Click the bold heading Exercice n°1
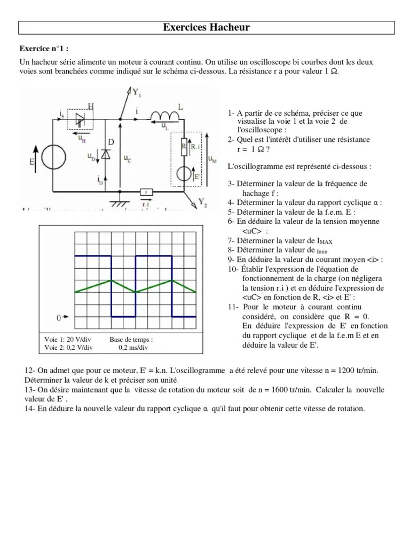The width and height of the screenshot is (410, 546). (x=44, y=47)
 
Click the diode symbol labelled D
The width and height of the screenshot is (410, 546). (x=105, y=154)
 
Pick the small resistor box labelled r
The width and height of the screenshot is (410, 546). (x=145, y=192)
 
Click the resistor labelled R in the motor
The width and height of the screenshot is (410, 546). (x=184, y=146)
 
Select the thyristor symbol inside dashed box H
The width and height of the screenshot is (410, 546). (x=80, y=118)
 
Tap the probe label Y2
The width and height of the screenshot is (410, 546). (x=202, y=202)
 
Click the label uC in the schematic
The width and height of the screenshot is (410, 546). (x=128, y=158)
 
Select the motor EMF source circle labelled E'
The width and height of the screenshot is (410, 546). (x=184, y=174)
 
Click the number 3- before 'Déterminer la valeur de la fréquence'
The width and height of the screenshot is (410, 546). (x=231, y=184)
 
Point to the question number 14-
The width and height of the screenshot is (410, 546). (x=30, y=409)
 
